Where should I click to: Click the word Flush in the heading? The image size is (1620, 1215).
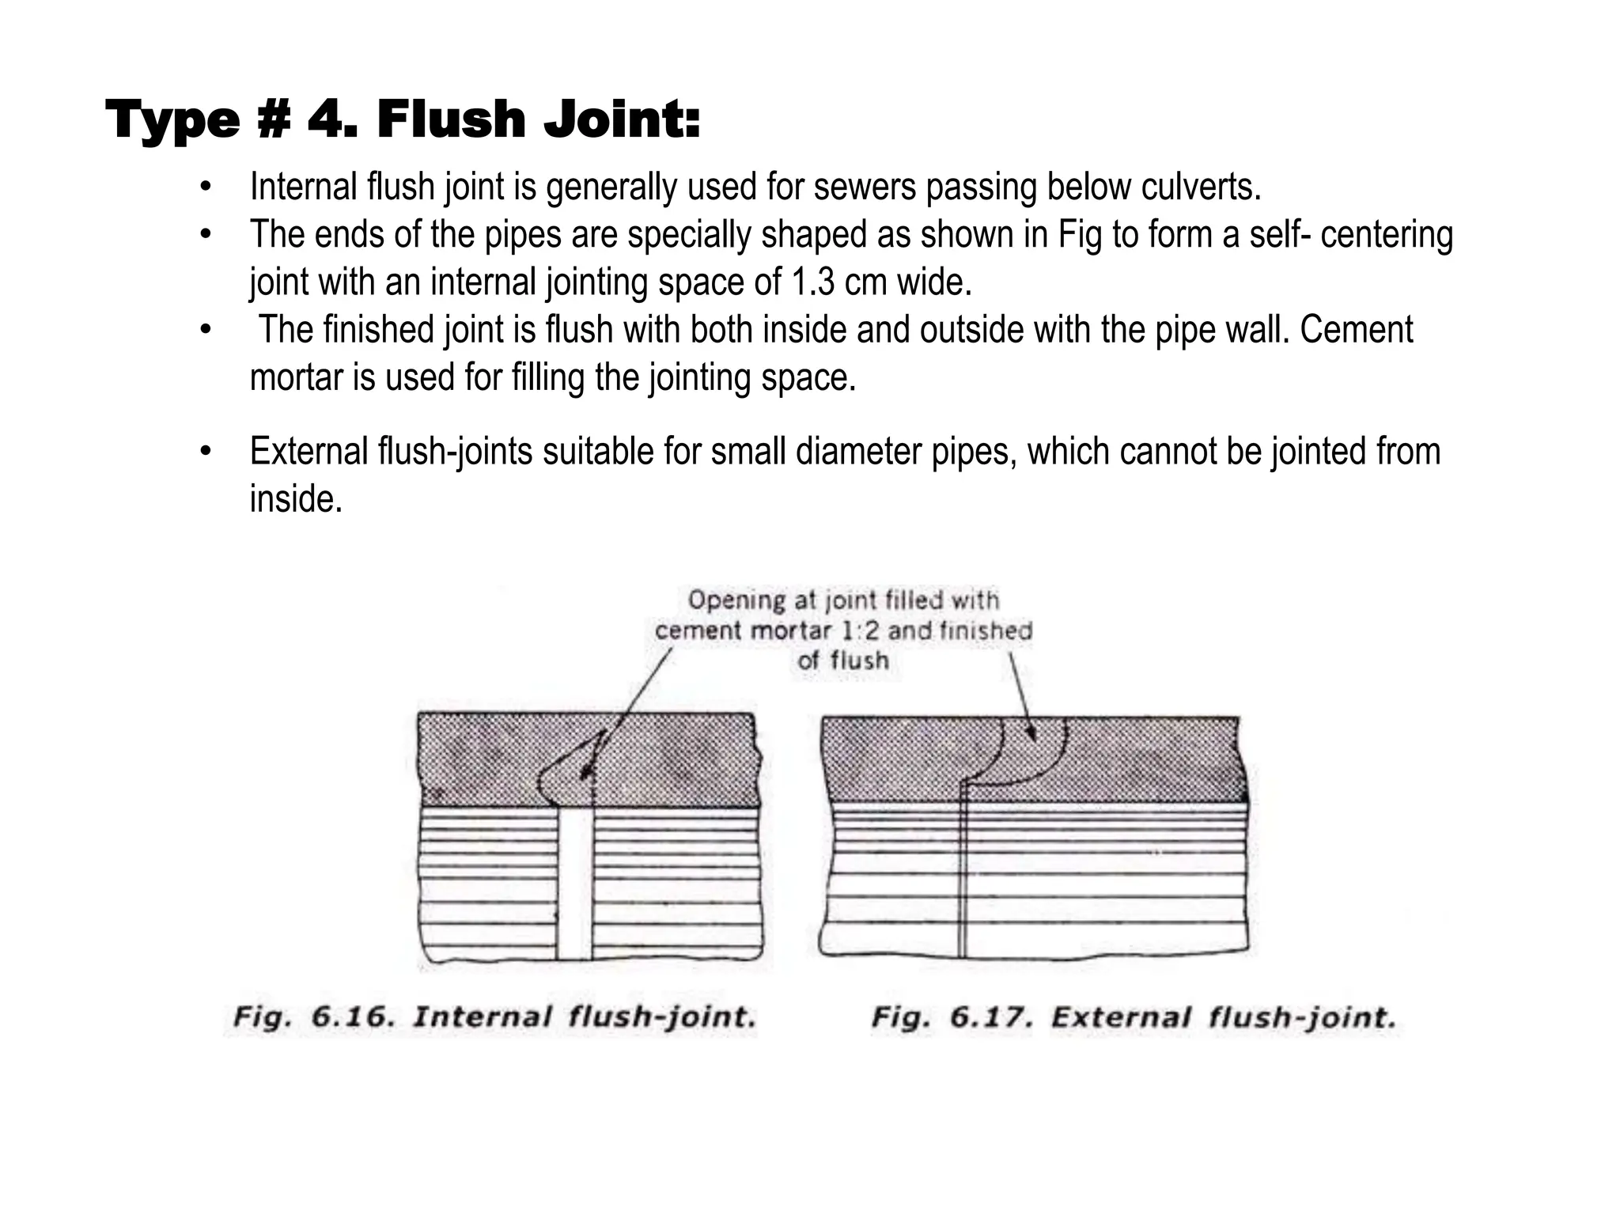[x=451, y=120]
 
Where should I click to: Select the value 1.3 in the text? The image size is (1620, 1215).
[x=812, y=282]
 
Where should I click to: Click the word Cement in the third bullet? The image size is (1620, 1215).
[x=1356, y=330]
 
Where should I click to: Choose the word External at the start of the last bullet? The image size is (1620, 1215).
[x=309, y=452]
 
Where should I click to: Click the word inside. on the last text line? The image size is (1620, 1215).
[x=296, y=499]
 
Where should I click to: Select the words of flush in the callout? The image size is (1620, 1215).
[x=843, y=660]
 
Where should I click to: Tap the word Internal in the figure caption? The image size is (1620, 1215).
[x=482, y=1016]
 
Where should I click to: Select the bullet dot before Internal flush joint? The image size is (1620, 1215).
[x=206, y=188]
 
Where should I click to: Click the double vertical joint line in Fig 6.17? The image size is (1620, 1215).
[x=963, y=870]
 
